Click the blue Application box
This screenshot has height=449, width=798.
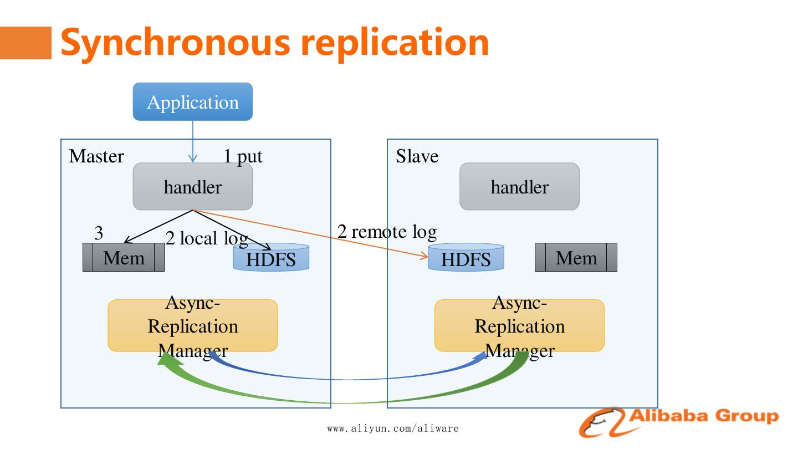pyautogui.click(x=192, y=102)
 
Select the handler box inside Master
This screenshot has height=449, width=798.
pyautogui.click(x=192, y=187)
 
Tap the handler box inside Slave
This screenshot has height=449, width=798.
pyautogui.click(x=519, y=187)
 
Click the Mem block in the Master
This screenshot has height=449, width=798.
pyautogui.click(x=124, y=258)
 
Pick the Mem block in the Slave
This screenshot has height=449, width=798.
pyautogui.click(x=576, y=258)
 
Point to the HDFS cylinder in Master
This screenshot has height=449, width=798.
pyautogui.click(x=271, y=258)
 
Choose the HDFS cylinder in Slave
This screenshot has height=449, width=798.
pyautogui.click(x=466, y=258)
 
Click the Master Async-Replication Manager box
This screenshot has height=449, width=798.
pyautogui.click(x=192, y=326)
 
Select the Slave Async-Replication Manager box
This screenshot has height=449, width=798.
pyautogui.click(x=519, y=326)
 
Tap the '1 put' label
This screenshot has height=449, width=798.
pyautogui.click(x=243, y=157)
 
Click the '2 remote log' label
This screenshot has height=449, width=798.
pyautogui.click(x=387, y=231)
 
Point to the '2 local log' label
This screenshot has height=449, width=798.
pyautogui.click(x=206, y=238)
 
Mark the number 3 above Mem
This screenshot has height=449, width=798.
pyautogui.click(x=99, y=233)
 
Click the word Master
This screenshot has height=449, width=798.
pyautogui.click(x=96, y=156)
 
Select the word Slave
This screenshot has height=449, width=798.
pyautogui.click(x=417, y=156)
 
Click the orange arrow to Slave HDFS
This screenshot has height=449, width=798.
pyautogui.click(x=310, y=233)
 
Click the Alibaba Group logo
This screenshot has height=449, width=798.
pyautogui.click(x=678, y=421)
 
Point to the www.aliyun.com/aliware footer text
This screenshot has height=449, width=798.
pyautogui.click(x=393, y=428)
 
